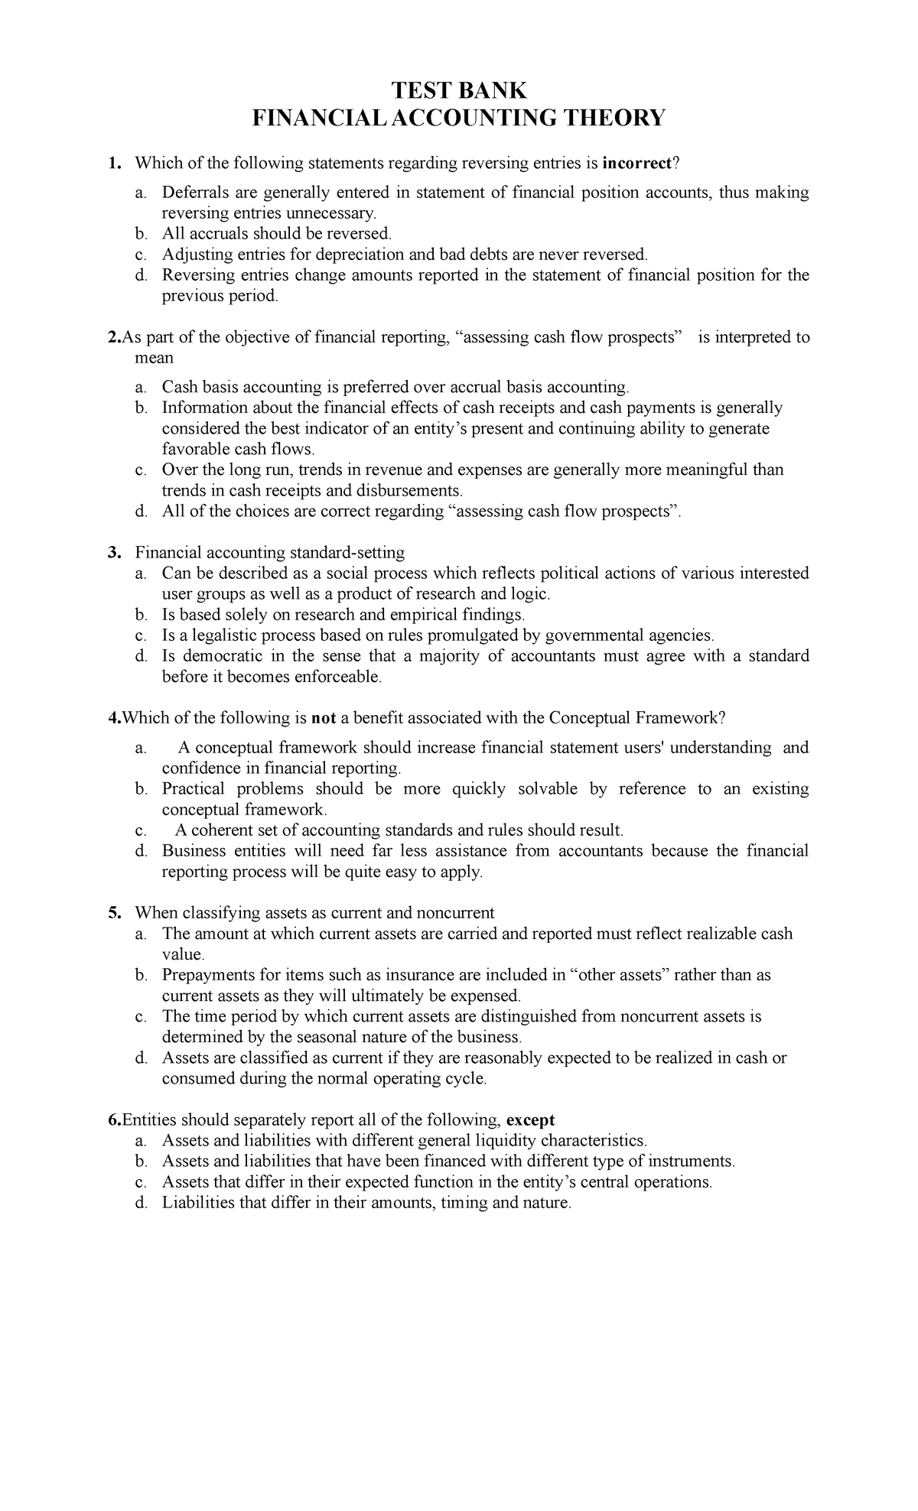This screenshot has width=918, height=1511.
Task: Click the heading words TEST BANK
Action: (x=459, y=91)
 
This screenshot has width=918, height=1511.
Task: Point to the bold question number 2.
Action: (x=115, y=337)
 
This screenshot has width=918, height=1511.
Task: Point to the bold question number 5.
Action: (x=114, y=913)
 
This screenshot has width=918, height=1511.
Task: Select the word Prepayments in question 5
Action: (x=206, y=975)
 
